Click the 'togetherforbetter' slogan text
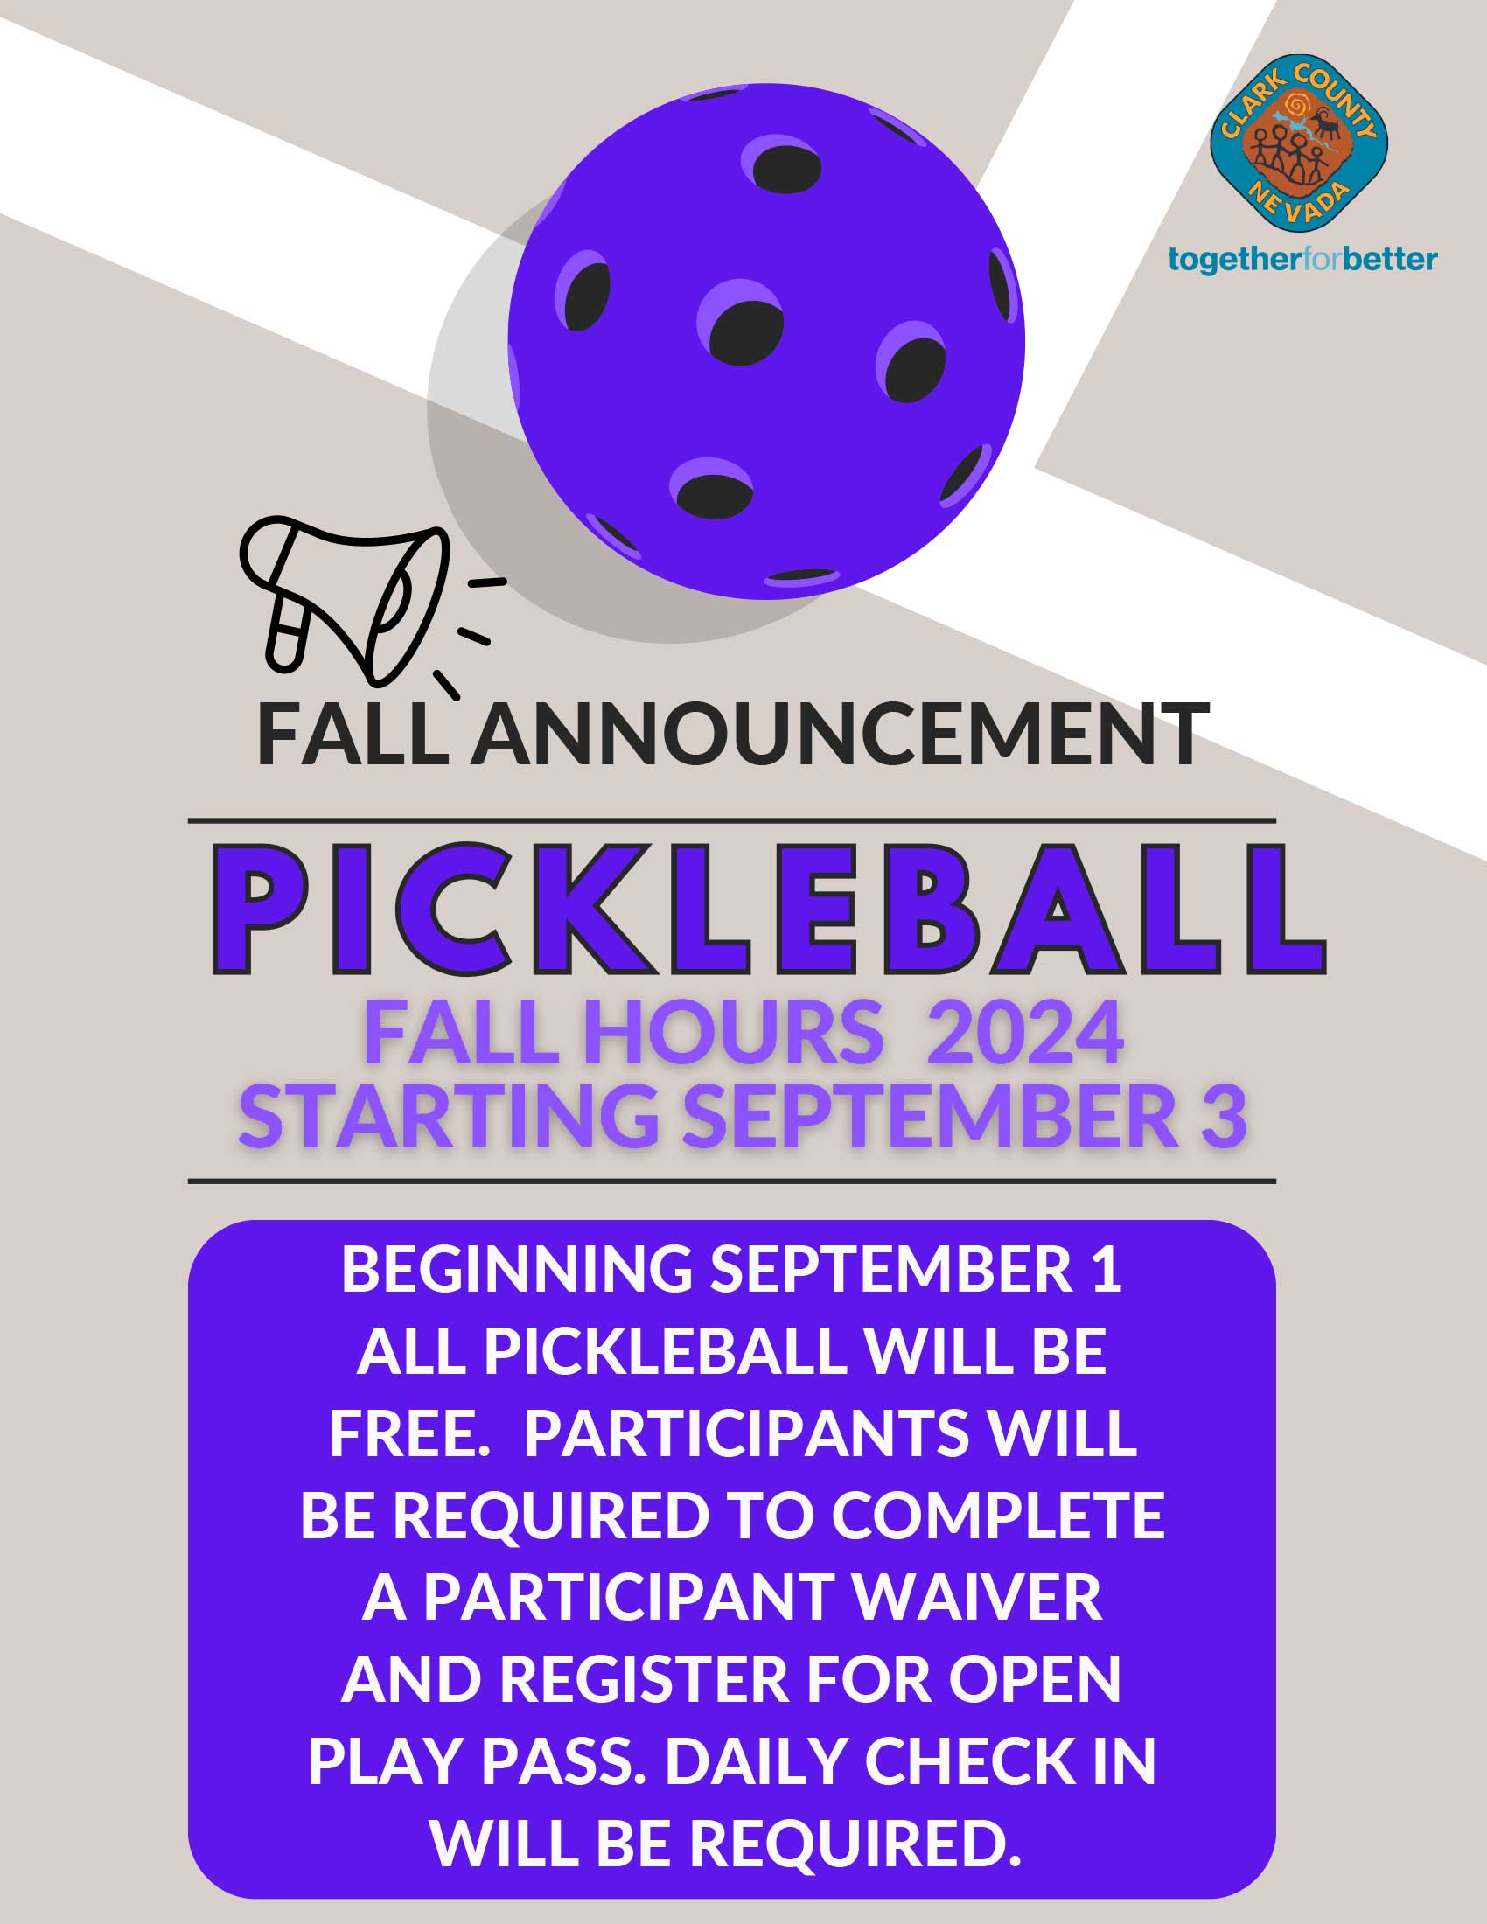pyautogui.click(x=1303, y=260)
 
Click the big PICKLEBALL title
pyautogui.click(x=768, y=910)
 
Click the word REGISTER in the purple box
pyautogui.click(x=644, y=1679)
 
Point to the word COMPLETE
pyautogui.click(x=998, y=1516)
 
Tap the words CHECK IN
pyautogui.click(x=1009, y=1761)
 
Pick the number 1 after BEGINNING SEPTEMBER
pyautogui.click(x=1108, y=1269)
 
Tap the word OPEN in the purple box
pyautogui.click(x=1034, y=1679)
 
